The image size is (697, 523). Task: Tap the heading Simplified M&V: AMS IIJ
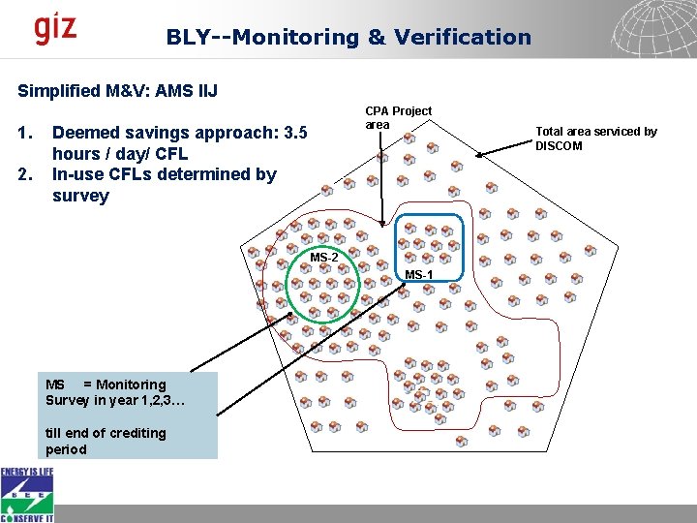coord(118,91)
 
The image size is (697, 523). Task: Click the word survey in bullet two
coord(80,196)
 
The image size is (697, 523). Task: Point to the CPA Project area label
coord(398,117)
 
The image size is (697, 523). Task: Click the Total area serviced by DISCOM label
coord(596,138)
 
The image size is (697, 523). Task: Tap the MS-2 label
coord(324,258)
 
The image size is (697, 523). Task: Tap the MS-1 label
coord(419,275)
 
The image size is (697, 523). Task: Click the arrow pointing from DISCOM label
coord(505,144)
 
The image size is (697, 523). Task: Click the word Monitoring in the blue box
coord(131,385)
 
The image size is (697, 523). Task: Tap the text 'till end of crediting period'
coord(106,441)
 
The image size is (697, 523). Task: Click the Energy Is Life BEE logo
coord(27,494)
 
